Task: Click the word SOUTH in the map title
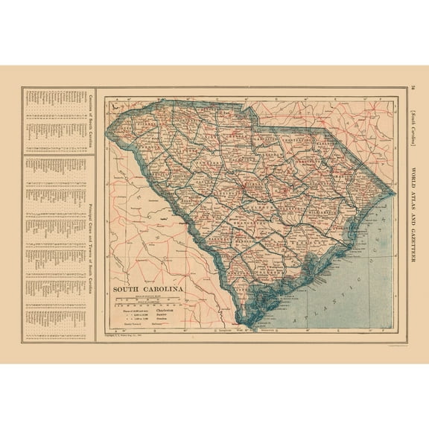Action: pos(129,287)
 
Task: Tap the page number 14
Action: pos(414,91)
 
